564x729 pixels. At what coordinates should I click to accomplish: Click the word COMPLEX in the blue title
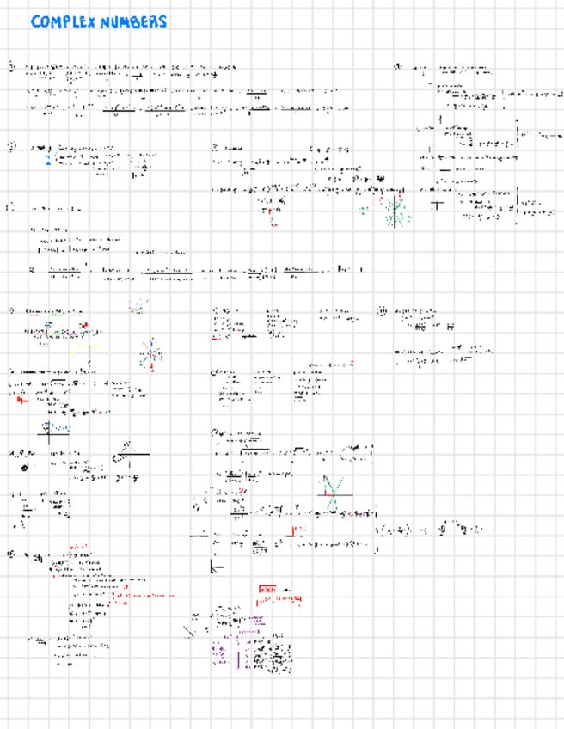pyautogui.click(x=63, y=22)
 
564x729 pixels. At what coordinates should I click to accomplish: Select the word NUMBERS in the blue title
pyautogui.click(x=133, y=22)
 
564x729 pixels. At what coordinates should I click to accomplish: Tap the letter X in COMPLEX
pyautogui.click(x=90, y=22)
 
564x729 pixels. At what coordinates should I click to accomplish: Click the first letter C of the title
pyautogui.click(x=35, y=22)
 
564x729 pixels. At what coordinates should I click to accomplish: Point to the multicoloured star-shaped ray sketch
pyautogui.click(x=149, y=353)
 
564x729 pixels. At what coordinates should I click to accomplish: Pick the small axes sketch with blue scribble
pyautogui.click(x=57, y=428)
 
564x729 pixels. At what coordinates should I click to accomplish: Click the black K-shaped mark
pyautogui.click(x=216, y=567)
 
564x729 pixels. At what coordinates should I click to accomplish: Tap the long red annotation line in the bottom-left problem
pyautogui.click(x=142, y=595)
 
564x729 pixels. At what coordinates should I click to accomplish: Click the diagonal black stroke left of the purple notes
pyautogui.click(x=190, y=630)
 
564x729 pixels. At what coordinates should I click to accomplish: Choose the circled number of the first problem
pyautogui.click(x=12, y=65)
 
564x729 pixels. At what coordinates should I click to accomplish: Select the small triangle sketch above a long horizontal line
pyautogui.click(x=130, y=447)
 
